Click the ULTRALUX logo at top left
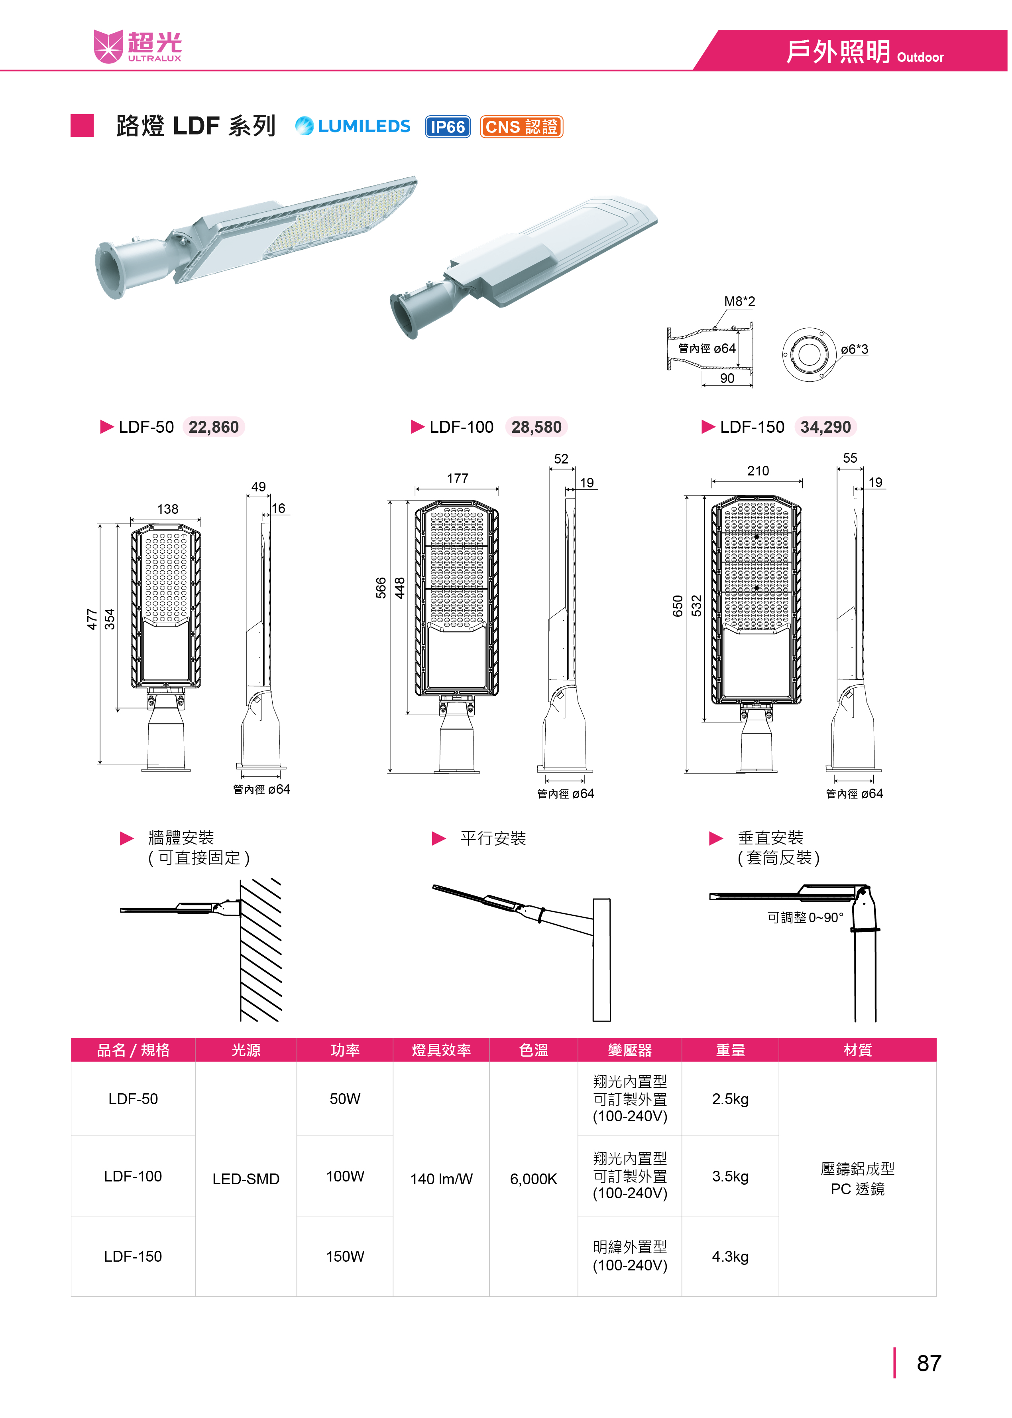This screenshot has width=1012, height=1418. [x=138, y=46]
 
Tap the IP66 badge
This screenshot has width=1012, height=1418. [x=448, y=126]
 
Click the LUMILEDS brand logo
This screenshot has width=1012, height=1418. [x=353, y=126]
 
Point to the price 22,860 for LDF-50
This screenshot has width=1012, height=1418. [x=214, y=427]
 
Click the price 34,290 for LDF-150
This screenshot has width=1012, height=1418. [x=826, y=427]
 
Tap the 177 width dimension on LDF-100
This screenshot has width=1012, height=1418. [x=458, y=478]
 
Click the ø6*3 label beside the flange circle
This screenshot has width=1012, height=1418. [x=854, y=349]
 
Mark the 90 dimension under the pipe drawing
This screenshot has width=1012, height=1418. [x=727, y=379]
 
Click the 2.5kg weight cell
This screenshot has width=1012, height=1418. [x=730, y=1099]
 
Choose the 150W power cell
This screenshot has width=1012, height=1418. [x=345, y=1256]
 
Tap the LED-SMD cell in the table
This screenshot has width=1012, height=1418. [x=246, y=1179]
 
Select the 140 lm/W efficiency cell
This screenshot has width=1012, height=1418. [x=441, y=1179]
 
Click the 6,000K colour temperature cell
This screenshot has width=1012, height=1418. [x=533, y=1179]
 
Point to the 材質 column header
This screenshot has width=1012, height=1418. [x=857, y=1050]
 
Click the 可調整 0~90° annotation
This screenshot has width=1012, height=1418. [x=805, y=917]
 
